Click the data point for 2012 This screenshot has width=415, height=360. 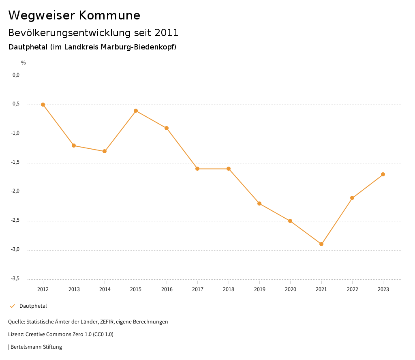(x=43, y=105)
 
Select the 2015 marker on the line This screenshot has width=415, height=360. (x=136, y=111)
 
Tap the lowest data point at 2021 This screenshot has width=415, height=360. (x=321, y=244)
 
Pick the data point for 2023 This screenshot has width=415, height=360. (x=383, y=174)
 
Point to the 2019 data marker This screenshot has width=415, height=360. (x=259, y=204)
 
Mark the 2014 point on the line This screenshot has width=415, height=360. (x=105, y=151)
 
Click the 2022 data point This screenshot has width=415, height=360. (x=352, y=198)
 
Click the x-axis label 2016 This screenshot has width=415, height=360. (x=167, y=289)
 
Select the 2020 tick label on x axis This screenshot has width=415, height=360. (x=291, y=289)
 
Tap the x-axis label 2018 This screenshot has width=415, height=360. (x=229, y=289)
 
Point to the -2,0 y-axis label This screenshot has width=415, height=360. (x=15, y=191)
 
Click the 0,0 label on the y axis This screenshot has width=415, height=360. (x=16, y=75)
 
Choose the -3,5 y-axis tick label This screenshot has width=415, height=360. (x=15, y=279)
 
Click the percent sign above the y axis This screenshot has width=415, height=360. (x=24, y=63)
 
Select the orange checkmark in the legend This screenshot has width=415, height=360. (x=12, y=306)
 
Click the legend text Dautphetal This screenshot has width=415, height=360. (x=33, y=306)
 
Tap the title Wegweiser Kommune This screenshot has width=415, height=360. (x=74, y=15)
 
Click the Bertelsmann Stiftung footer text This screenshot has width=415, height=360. (x=36, y=347)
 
